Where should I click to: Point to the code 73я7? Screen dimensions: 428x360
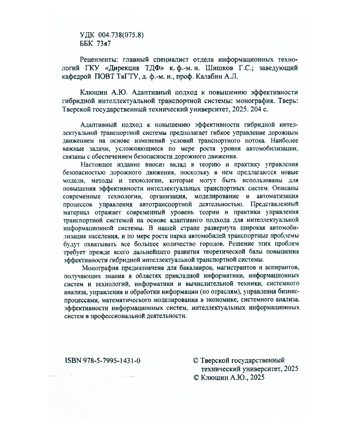[111, 43]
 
